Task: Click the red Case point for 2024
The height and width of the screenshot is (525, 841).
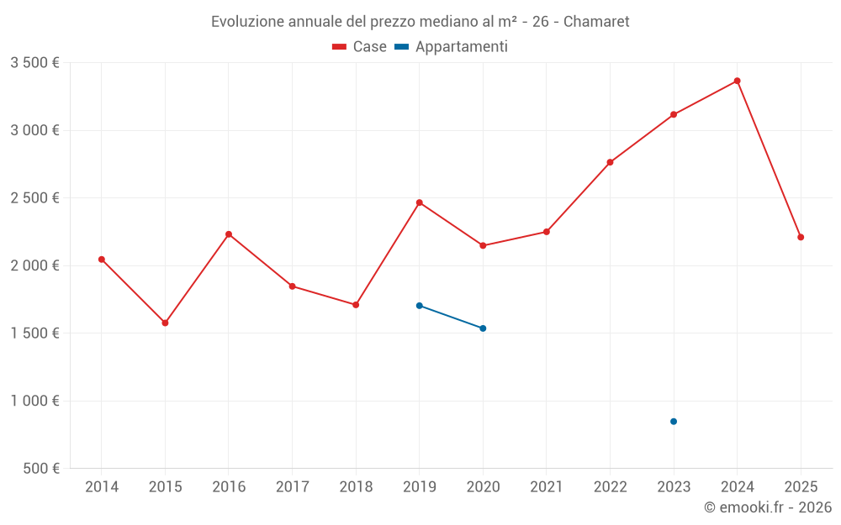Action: pyautogui.click(x=737, y=81)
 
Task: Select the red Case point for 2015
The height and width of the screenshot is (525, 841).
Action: pyautogui.click(x=165, y=323)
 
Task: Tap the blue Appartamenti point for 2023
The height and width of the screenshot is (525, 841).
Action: pyautogui.click(x=674, y=422)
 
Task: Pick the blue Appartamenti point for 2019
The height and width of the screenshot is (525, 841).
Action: pyautogui.click(x=419, y=306)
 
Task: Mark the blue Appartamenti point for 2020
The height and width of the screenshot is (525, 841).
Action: pyautogui.click(x=483, y=328)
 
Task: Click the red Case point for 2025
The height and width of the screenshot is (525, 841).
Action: pyautogui.click(x=801, y=237)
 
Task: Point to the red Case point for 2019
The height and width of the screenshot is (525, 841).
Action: pyautogui.click(x=419, y=202)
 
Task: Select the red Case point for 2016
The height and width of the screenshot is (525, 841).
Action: pyautogui.click(x=229, y=234)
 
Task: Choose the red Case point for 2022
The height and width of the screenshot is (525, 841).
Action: pyautogui.click(x=610, y=162)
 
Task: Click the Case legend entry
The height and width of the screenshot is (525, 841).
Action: pyautogui.click(x=359, y=47)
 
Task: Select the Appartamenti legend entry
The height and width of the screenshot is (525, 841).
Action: pyautogui.click(x=451, y=47)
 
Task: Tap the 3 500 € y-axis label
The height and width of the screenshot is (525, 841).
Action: pyautogui.click(x=34, y=63)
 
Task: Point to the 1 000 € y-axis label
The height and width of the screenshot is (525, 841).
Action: pyautogui.click(x=34, y=401)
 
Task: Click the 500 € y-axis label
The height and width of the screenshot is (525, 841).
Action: pyautogui.click(x=40, y=469)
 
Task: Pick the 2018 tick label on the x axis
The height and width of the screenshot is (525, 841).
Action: pyautogui.click(x=356, y=486)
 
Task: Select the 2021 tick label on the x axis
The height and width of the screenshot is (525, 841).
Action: pyautogui.click(x=546, y=486)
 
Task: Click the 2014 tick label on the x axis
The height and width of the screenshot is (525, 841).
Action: pyautogui.click(x=102, y=486)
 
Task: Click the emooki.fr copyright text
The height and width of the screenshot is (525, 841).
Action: pyautogui.click(x=767, y=507)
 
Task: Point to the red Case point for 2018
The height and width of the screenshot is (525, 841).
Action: pyautogui.click(x=356, y=305)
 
